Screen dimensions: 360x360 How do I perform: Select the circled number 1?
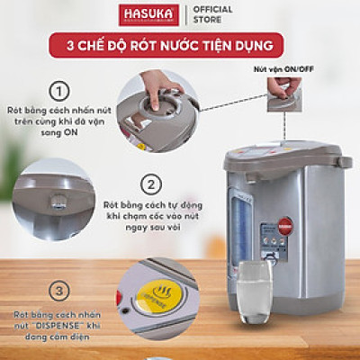click(x=60, y=91)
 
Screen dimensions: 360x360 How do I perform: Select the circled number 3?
click(x=60, y=291)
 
